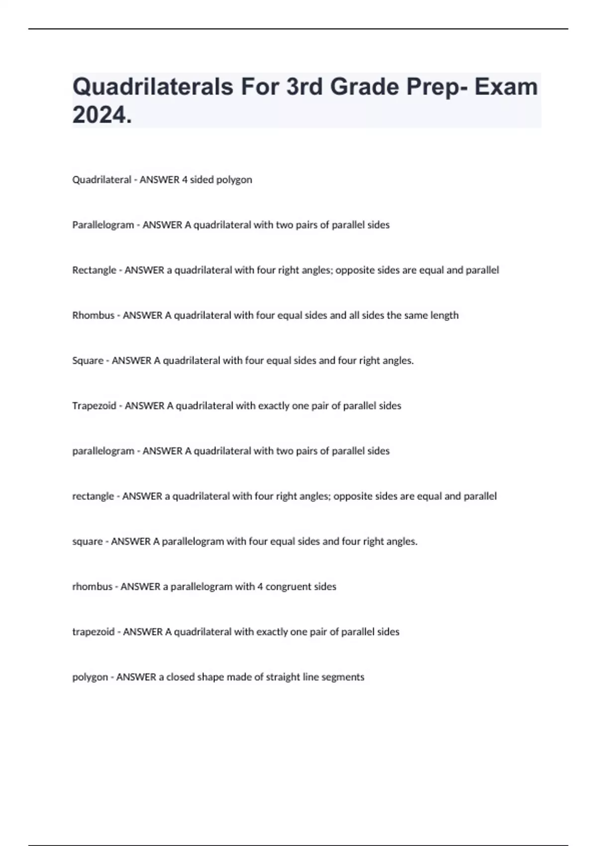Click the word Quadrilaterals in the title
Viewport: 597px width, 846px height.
(153, 87)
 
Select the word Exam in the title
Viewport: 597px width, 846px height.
(505, 87)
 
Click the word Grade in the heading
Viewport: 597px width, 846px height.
(364, 87)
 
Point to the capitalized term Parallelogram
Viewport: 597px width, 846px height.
(103, 225)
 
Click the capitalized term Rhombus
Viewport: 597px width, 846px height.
(93, 316)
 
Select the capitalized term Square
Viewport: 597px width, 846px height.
(88, 361)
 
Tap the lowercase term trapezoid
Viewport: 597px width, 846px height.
(93, 632)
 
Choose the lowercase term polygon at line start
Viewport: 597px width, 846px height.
(90, 677)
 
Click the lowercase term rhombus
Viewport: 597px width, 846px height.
(92, 587)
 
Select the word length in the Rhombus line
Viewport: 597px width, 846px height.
(444, 316)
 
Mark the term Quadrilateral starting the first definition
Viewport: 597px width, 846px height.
(101, 180)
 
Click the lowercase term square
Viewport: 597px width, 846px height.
(87, 541)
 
